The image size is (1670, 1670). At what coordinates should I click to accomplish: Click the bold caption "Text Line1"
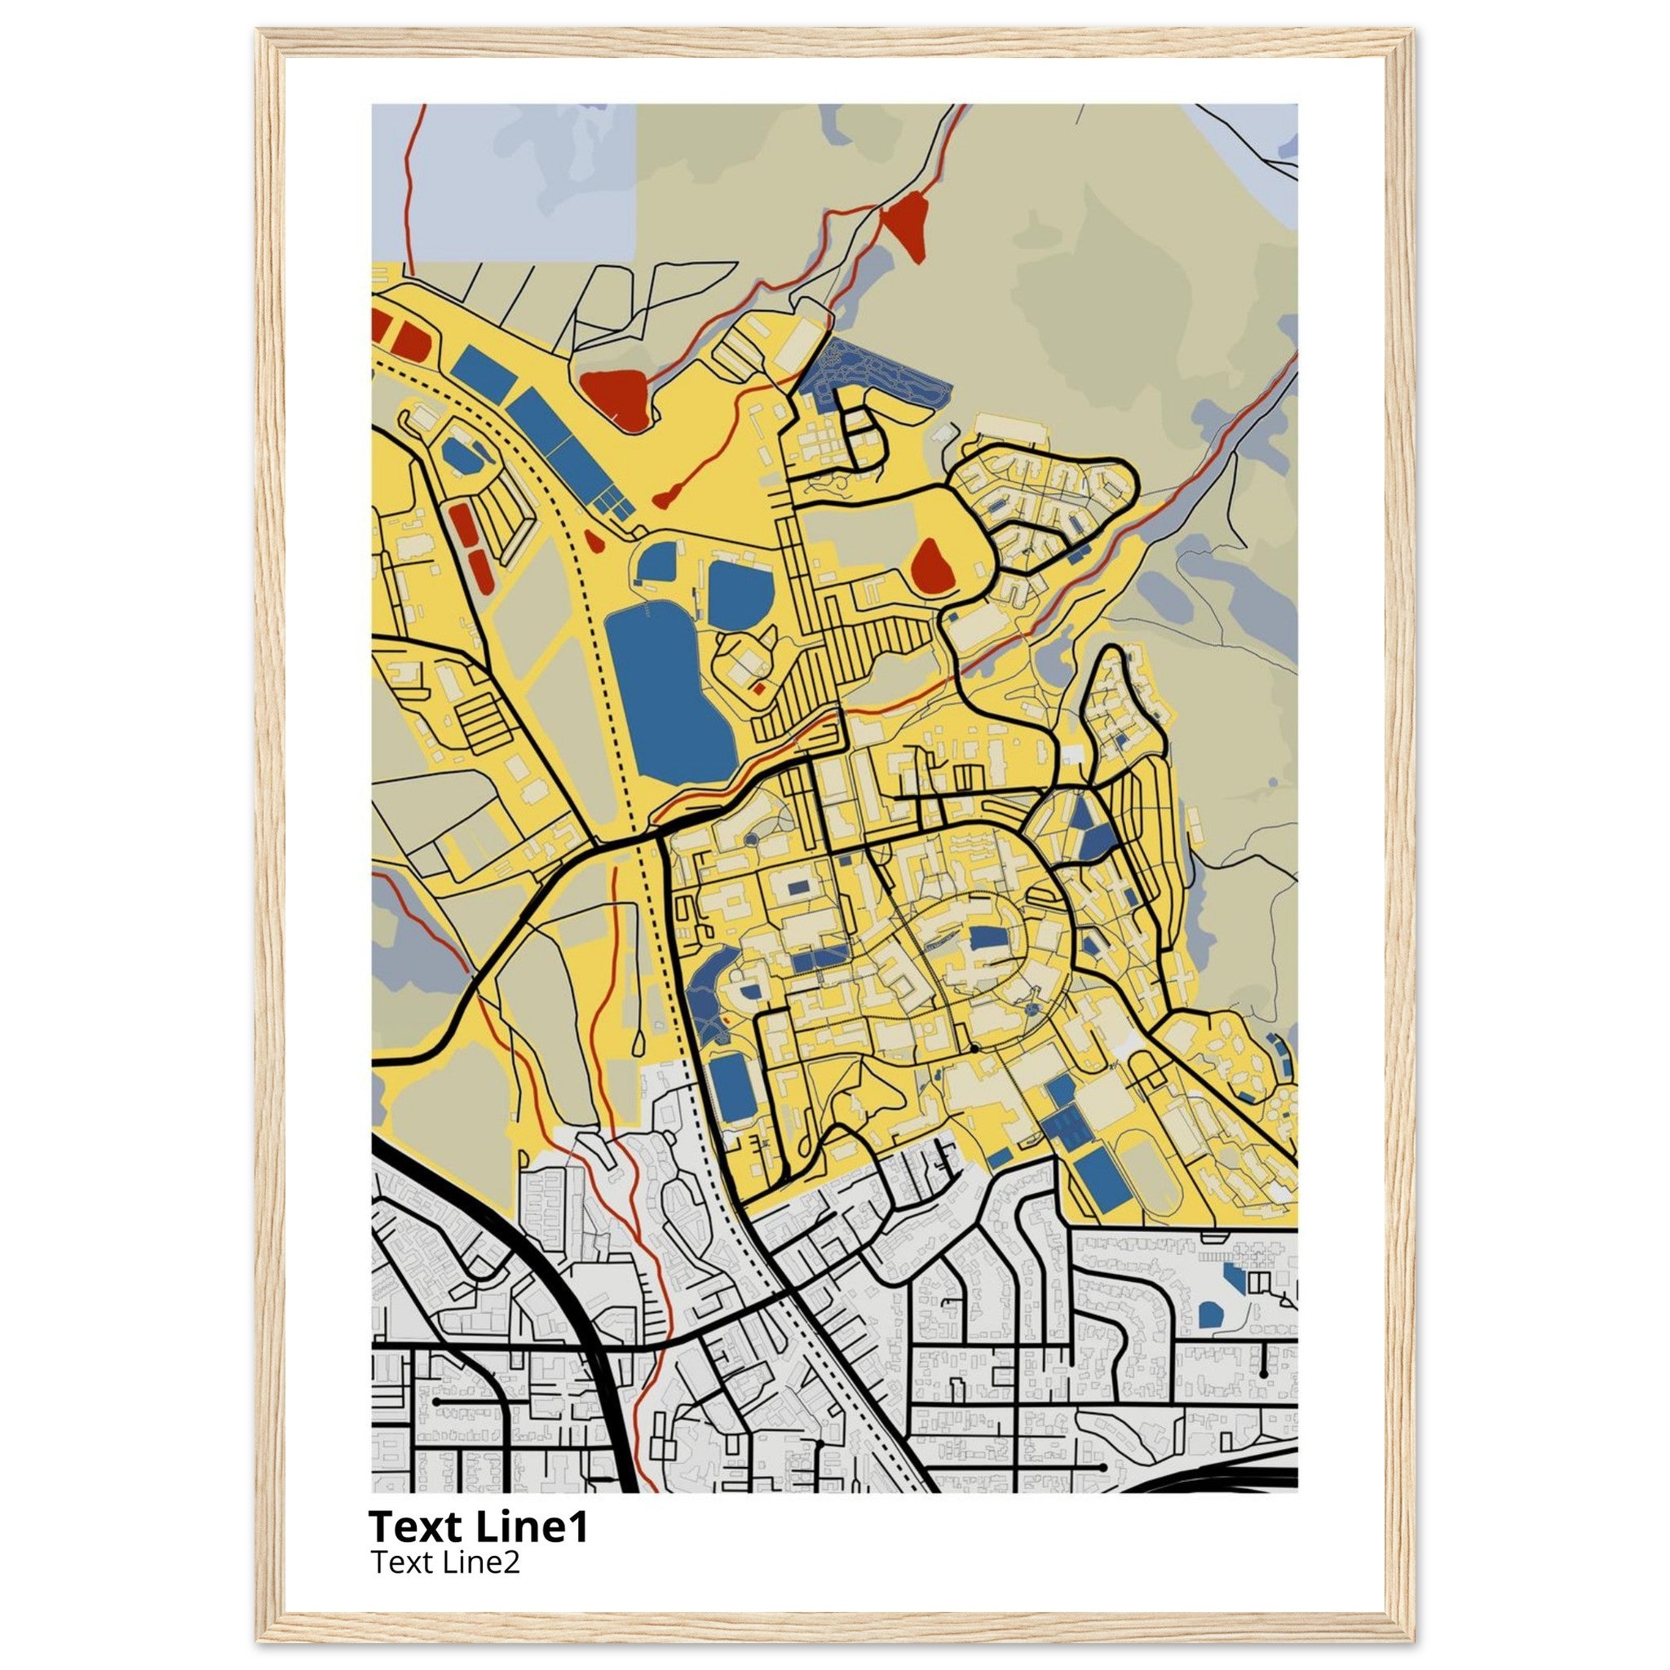click(x=478, y=1526)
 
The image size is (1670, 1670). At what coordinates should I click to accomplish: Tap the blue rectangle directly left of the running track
click(x=1102, y=1177)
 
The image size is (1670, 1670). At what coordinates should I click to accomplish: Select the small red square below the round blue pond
click(x=758, y=689)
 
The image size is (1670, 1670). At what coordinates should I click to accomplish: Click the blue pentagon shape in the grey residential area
click(x=1211, y=1314)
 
